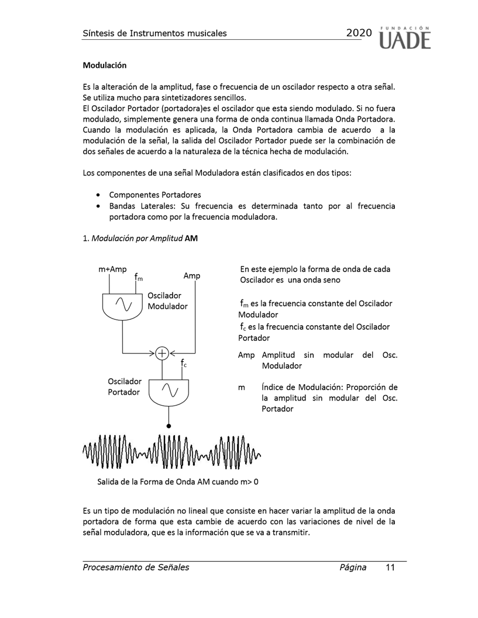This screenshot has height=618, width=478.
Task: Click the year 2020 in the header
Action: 359,33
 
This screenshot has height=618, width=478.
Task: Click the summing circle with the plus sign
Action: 162,353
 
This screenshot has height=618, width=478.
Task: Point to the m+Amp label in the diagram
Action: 112,270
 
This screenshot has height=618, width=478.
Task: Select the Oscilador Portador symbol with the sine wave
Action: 169,391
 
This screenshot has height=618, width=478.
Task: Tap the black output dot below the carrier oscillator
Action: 169,426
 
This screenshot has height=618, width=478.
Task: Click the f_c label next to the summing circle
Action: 183,364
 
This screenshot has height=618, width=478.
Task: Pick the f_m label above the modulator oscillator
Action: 137,277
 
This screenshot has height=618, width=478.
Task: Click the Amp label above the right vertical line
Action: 192,275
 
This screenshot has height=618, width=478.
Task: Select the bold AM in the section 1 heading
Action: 191,238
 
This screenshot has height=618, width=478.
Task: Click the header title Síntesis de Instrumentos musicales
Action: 154,33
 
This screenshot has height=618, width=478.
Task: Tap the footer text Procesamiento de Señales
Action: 136,567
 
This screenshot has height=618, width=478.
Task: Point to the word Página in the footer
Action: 353,567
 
